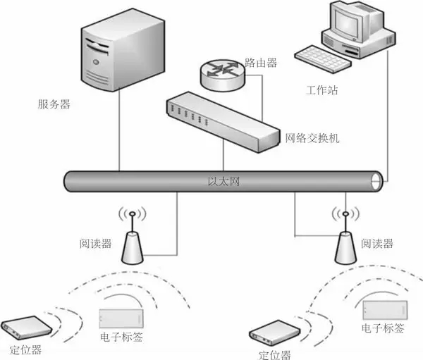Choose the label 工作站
coord(323,91)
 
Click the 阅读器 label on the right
coord(376,244)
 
